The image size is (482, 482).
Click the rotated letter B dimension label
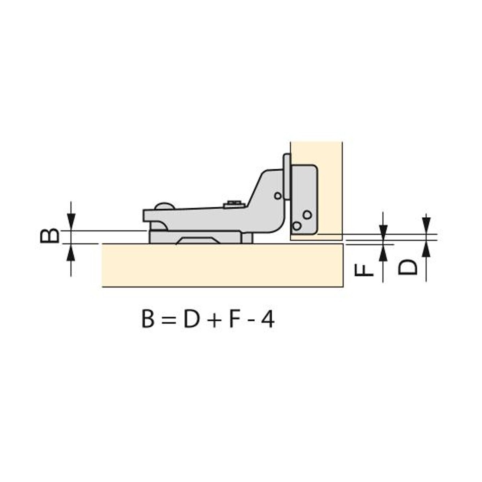[50, 235]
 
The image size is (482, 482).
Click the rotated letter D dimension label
[407, 266]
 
